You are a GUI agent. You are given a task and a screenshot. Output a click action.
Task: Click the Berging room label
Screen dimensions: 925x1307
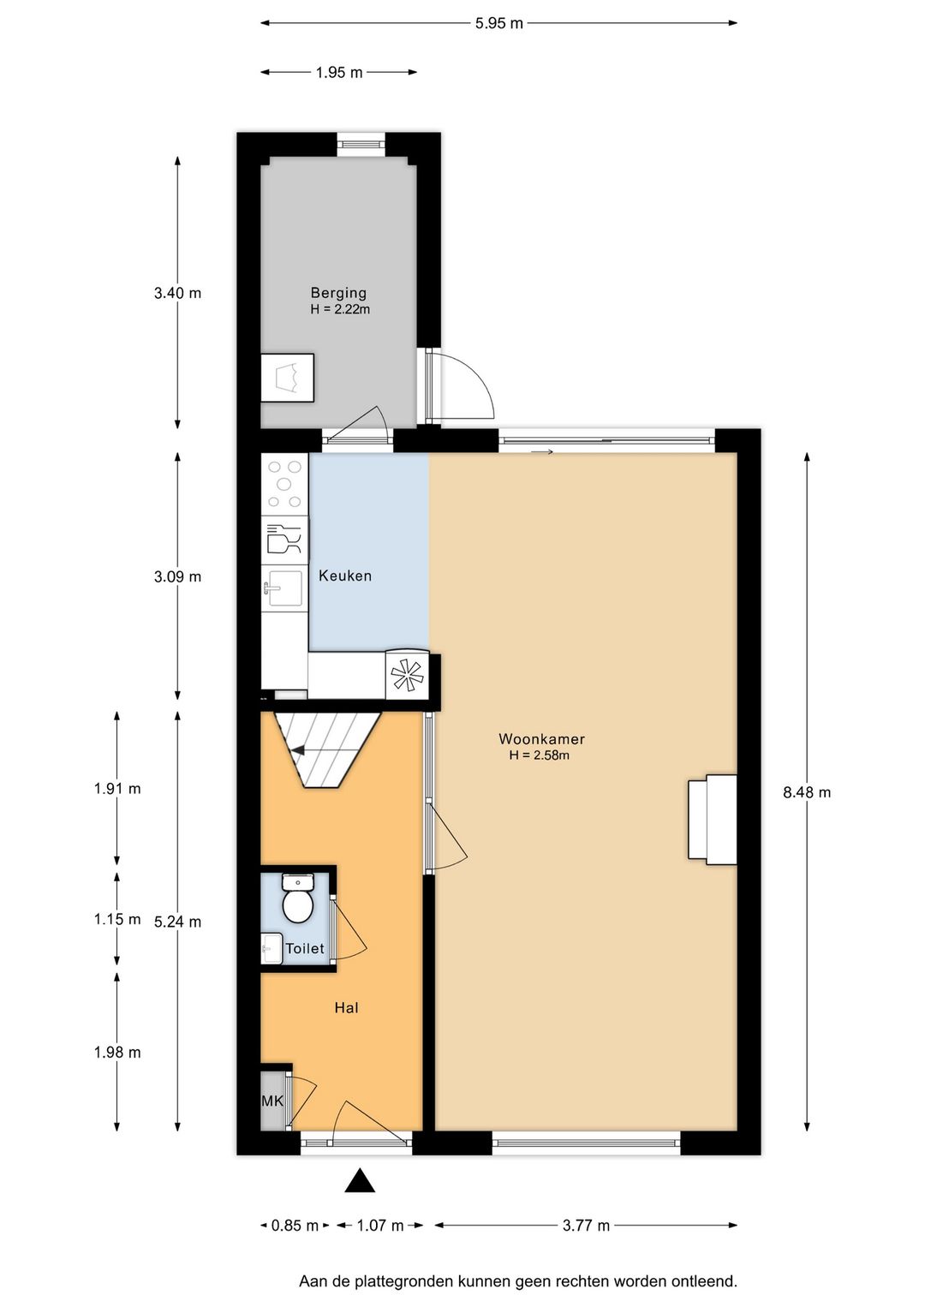tap(338, 292)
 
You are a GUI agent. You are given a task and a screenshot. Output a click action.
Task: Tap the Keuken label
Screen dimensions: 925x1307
tap(345, 576)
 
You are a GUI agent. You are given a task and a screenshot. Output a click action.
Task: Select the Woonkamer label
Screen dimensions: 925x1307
tap(541, 738)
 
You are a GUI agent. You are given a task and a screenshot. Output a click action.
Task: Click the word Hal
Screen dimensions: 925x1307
tap(346, 1007)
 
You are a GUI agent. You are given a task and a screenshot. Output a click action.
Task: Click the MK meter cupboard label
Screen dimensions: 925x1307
tap(272, 1101)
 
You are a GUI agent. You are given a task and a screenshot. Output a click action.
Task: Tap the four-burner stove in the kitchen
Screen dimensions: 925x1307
tap(285, 484)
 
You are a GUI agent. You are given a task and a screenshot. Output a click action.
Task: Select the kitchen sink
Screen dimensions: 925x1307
tap(284, 588)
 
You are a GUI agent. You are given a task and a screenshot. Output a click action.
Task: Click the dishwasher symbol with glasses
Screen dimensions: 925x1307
tap(284, 540)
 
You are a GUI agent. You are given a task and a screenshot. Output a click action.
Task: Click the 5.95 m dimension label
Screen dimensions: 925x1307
tap(498, 24)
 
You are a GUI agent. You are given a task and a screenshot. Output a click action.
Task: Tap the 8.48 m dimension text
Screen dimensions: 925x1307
tap(807, 792)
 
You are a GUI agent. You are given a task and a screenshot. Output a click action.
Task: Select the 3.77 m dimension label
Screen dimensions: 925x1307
tap(586, 1226)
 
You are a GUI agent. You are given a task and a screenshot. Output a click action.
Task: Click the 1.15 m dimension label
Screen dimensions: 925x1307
tap(117, 919)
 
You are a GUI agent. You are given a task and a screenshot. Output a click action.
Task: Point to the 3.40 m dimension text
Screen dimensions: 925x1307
tap(177, 293)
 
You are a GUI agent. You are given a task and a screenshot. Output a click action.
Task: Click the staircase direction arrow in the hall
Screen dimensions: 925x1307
tap(300, 751)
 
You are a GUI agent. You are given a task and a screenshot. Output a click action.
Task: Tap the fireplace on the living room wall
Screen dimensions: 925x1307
tap(712, 819)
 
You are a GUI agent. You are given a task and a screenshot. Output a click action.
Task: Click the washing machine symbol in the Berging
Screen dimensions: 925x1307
tap(287, 378)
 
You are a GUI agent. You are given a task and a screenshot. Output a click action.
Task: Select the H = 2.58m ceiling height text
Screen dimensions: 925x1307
tap(540, 755)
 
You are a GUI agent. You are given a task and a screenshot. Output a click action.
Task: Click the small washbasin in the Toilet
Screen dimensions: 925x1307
tap(271, 949)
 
